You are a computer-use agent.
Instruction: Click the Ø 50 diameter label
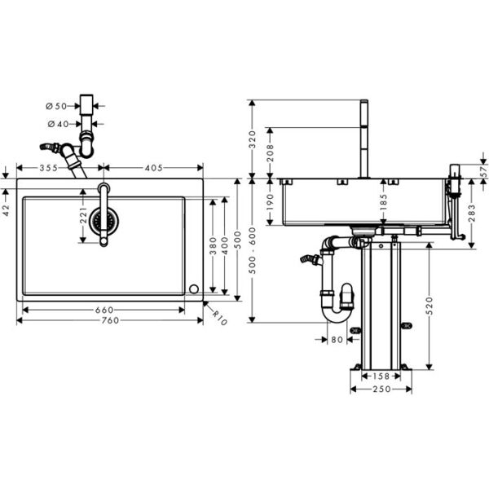[58, 106]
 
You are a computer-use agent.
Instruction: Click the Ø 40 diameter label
[58, 124]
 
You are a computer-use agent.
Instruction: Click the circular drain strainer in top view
[104, 219]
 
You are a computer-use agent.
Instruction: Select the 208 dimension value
[270, 150]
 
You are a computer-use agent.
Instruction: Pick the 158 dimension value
[375, 377]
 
